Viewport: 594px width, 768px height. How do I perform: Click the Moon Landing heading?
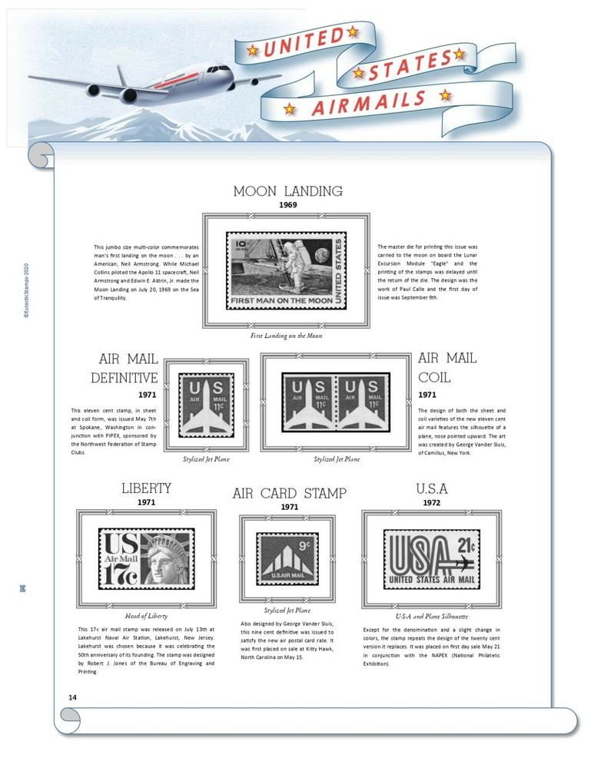point(287,191)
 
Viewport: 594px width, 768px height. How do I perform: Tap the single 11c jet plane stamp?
point(206,405)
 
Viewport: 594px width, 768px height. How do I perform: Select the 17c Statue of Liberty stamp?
point(146,558)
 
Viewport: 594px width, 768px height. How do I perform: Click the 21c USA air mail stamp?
point(431,558)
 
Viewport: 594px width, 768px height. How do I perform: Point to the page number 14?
point(72,697)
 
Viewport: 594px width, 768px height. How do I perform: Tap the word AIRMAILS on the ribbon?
point(368,103)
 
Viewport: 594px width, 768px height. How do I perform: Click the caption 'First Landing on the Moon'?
point(286,336)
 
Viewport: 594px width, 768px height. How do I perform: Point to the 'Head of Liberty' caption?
point(146,616)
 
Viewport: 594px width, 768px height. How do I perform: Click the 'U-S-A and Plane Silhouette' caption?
point(431,616)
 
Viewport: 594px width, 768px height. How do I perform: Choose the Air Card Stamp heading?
point(289,493)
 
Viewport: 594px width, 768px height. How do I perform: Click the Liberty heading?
point(146,488)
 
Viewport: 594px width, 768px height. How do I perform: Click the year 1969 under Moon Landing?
point(287,206)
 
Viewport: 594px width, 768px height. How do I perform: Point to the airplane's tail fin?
point(123,79)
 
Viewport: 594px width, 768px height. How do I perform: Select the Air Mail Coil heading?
point(446,368)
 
